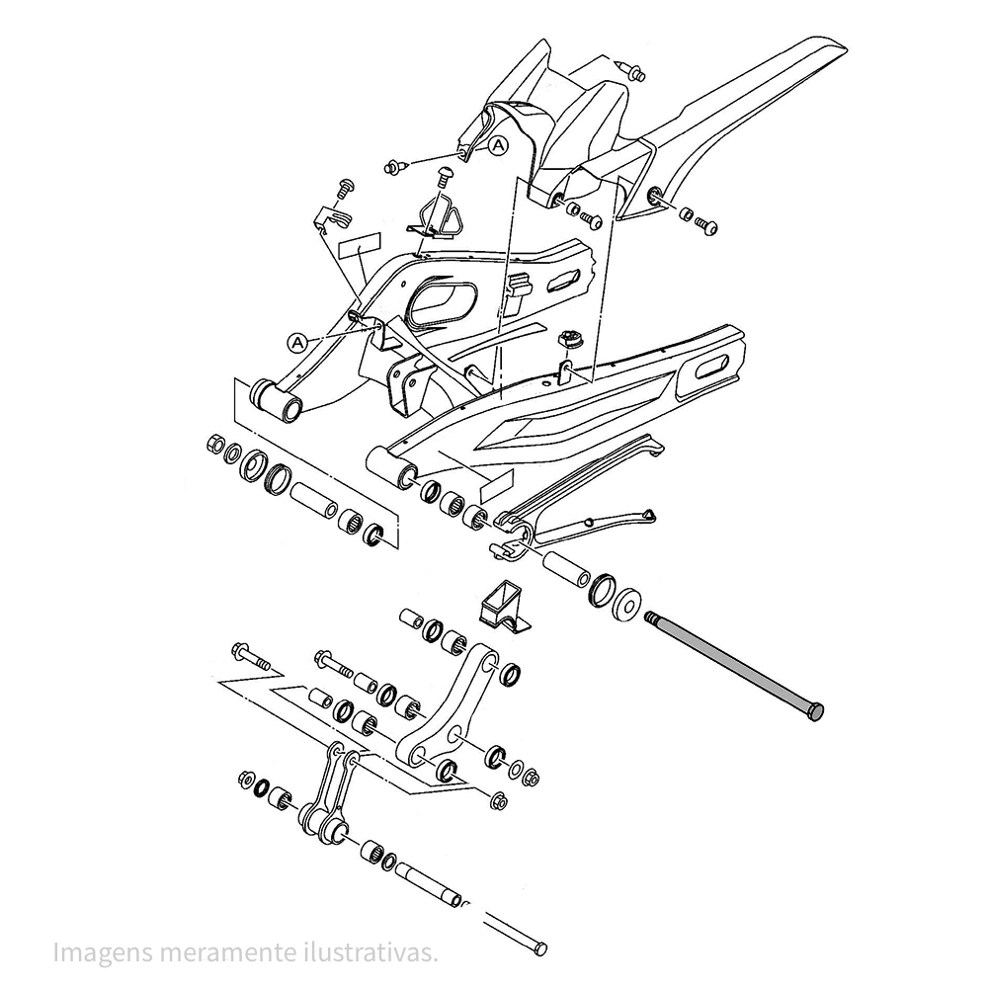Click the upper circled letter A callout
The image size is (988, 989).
498,145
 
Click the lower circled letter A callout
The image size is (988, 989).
297,343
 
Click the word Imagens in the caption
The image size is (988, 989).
102,952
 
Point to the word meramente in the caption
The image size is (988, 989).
226,952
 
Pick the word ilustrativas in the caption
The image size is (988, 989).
368,952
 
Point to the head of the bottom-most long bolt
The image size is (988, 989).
540,948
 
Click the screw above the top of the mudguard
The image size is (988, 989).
631,70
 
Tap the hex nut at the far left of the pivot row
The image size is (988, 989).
215,444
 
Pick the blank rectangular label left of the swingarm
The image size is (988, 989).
360,245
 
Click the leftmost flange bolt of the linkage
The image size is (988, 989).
251,657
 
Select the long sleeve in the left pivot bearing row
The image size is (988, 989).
314,500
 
